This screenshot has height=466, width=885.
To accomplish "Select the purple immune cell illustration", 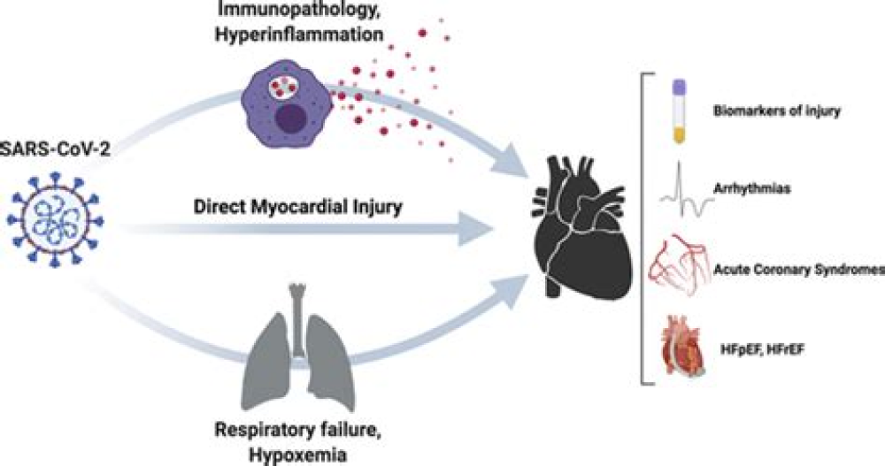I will pyautogui.click(x=284, y=104).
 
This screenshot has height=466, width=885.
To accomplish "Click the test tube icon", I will pyautogui.click(x=678, y=111).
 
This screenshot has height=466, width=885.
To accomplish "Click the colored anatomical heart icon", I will pyautogui.click(x=682, y=352).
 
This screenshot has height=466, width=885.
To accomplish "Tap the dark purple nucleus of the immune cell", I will pyautogui.click(x=289, y=120).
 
